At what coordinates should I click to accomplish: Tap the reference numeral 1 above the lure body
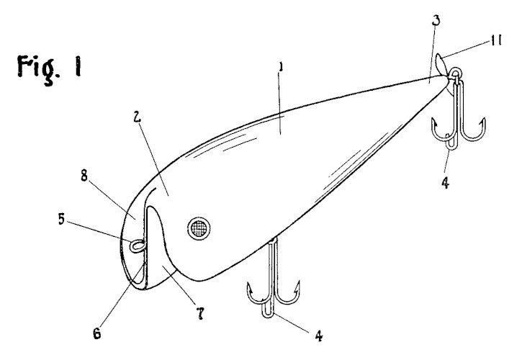[282, 67]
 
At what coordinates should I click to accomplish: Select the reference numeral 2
[137, 116]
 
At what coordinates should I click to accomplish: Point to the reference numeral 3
[436, 20]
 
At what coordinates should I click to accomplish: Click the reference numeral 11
[495, 40]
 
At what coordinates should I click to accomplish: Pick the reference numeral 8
[84, 176]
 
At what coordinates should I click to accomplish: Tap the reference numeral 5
[61, 219]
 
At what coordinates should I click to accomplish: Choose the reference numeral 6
[97, 333]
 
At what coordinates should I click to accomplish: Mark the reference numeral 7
[200, 313]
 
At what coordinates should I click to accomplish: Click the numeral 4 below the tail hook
[445, 183]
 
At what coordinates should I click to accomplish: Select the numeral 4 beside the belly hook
[319, 336]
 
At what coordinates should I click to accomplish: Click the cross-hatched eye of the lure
[199, 229]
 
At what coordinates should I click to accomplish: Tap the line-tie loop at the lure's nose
[137, 246]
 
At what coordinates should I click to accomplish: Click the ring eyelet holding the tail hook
[455, 73]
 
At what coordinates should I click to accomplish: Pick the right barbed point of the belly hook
[297, 286]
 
